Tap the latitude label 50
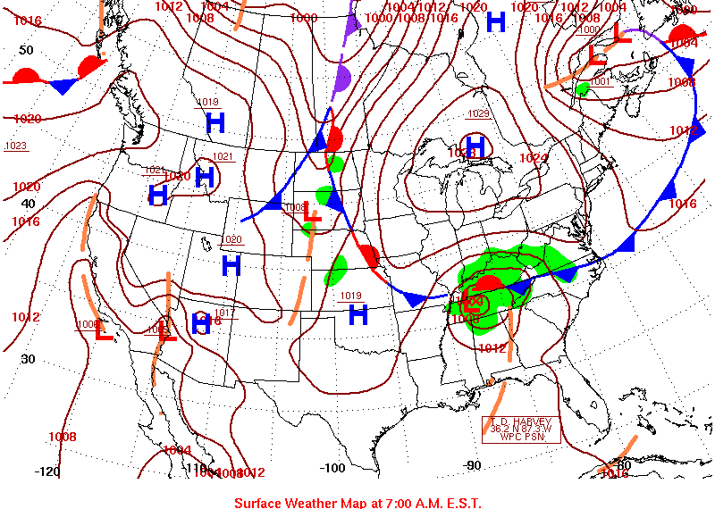(26, 50)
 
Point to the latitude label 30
(28, 359)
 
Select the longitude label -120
(47, 471)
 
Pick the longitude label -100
(332, 467)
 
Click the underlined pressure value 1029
(479, 113)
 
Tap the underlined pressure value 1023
(15, 146)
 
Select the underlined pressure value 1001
(600, 81)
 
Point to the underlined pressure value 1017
(224, 313)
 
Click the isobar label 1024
(534, 158)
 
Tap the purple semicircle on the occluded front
(341, 80)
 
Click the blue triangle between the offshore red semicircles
(63, 87)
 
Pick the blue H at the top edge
(496, 22)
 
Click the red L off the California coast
(104, 331)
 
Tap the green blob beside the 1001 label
(583, 89)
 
